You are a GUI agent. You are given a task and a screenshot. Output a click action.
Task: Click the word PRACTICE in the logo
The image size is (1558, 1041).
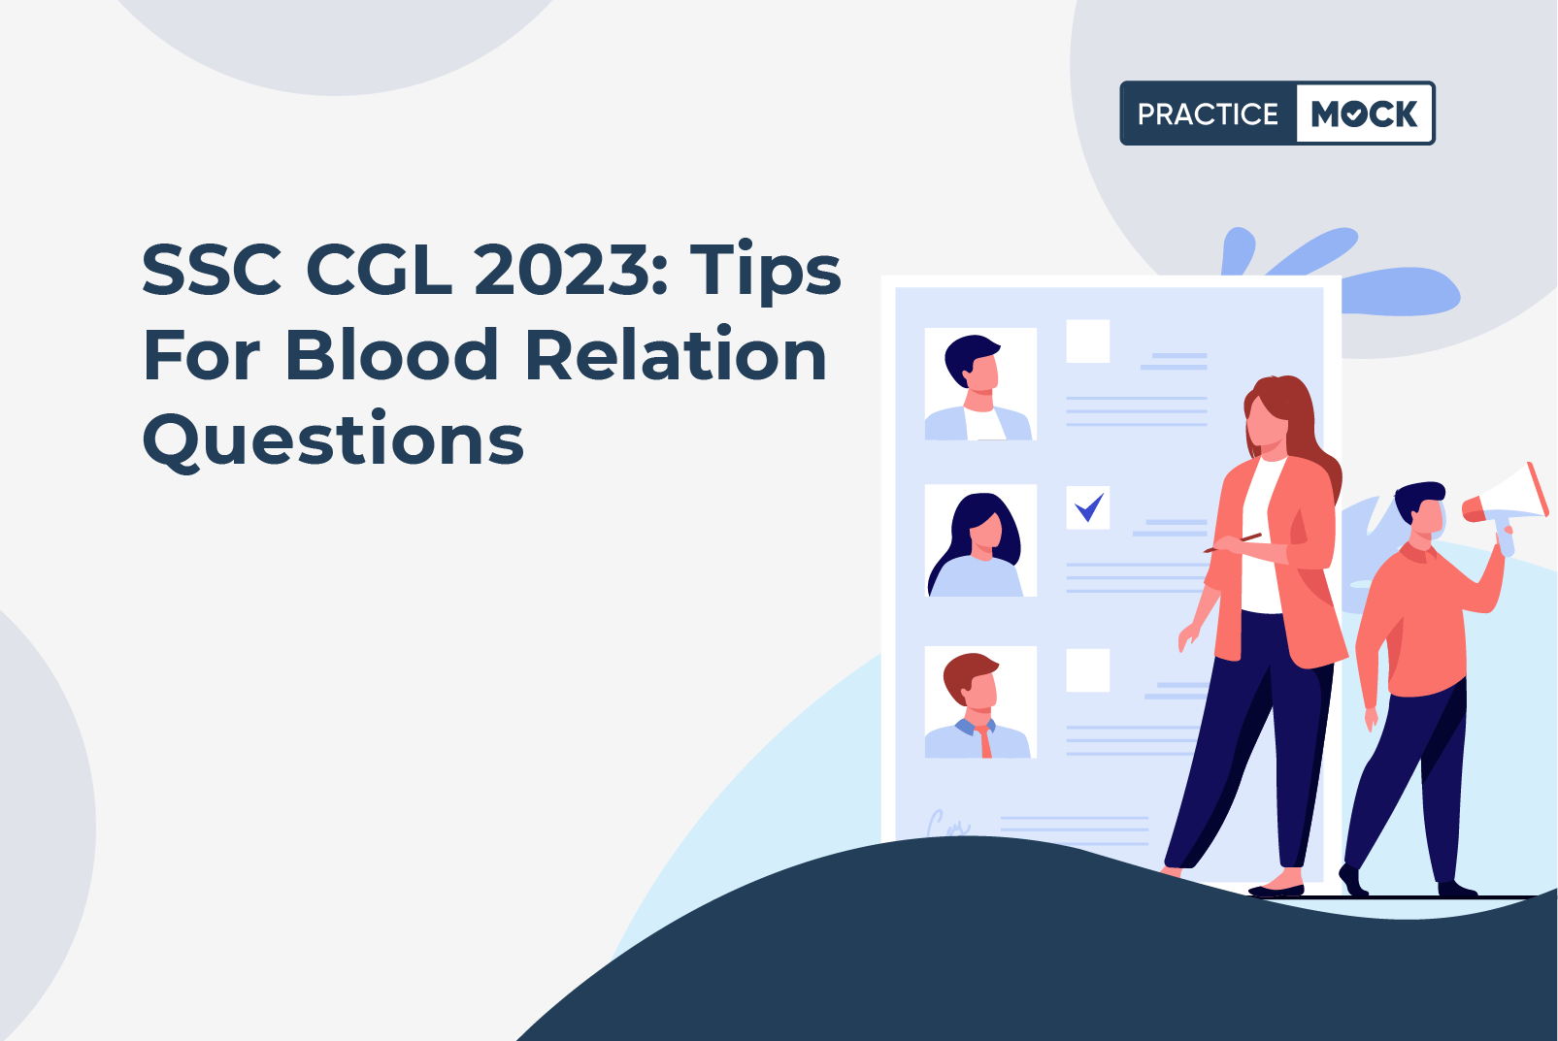click(1208, 114)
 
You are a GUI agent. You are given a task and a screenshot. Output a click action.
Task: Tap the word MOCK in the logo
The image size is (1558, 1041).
click(1364, 114)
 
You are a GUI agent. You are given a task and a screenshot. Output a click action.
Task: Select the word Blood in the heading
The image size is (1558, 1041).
click(391, 355)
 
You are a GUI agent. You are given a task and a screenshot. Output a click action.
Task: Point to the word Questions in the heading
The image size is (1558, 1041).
click(333, 439)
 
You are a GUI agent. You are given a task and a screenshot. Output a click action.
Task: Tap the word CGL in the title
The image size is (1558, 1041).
click(379, 270)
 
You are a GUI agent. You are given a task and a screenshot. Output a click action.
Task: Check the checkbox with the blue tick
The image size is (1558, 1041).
click(1088, 507)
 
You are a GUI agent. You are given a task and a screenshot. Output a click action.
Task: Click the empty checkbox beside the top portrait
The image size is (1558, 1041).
click(1088, 342)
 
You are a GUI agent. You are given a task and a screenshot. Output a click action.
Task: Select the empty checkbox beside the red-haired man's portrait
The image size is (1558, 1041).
click(1088, 670)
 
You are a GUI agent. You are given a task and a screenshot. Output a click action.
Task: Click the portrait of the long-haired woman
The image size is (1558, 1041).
click(980, 540)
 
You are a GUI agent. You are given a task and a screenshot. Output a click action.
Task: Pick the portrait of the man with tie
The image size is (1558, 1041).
click(980, 701)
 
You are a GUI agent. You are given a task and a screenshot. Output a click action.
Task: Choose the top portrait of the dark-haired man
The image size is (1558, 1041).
click(980, 383)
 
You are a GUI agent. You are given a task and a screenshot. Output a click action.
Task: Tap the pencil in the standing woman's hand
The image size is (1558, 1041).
click(1233, 542)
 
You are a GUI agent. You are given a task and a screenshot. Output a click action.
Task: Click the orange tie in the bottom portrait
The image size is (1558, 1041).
click(985, 741)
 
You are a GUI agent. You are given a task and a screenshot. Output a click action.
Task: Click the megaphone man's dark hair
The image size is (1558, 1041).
click(1417, 498)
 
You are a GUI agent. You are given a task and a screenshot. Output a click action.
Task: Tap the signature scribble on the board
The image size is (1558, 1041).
click(947, 824)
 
